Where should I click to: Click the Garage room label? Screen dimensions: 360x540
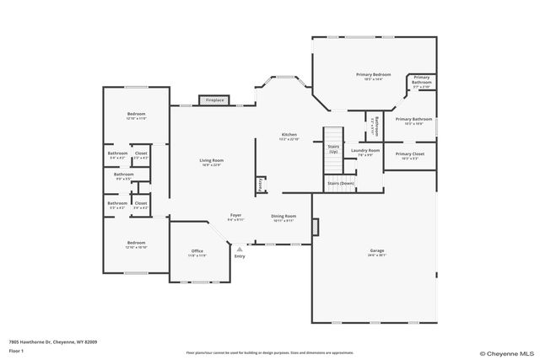click(x=376, y=251)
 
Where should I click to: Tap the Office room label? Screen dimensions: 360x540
click(x=197, y=251)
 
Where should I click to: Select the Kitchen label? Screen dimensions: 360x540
click(x=289, y=135)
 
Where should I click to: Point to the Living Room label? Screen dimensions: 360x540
click(x=211, y=160)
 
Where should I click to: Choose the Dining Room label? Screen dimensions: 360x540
click(x=283, y=216)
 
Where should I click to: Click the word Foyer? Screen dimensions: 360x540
click(x=236, y=215)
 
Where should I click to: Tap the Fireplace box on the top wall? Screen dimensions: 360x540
click(x=214, y=99)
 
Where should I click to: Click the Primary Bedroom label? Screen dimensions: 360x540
click(x=373, y=74)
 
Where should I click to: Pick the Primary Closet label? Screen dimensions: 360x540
click(x=409, y=154)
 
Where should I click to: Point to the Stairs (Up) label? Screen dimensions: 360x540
click(x=333, y=148)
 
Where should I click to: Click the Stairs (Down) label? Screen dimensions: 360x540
click(x=340, y=183)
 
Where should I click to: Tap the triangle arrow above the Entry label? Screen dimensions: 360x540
click(x=240, y=250)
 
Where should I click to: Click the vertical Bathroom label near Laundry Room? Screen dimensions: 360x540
click(x=376, y=125)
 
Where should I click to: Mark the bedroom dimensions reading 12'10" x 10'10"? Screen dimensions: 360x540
click(x=136, y=247)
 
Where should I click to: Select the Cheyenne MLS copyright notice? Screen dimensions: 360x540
click(x=506, y=353)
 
